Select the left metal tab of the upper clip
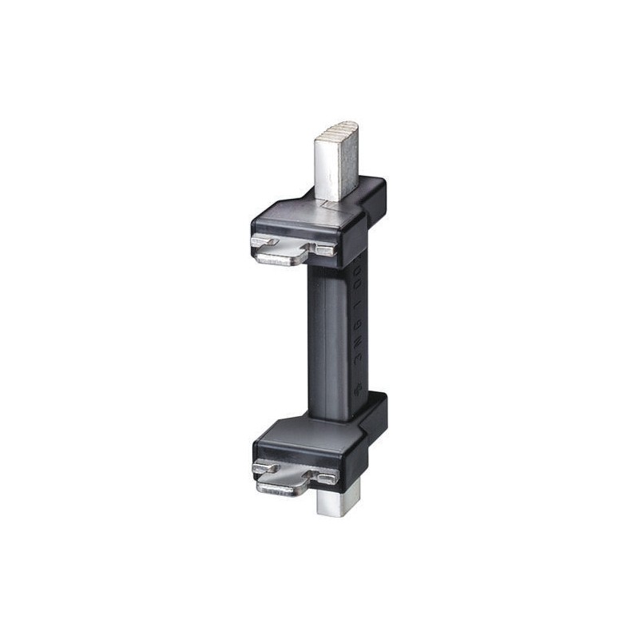tap(264, 241)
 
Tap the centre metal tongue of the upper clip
tap(284, 257)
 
